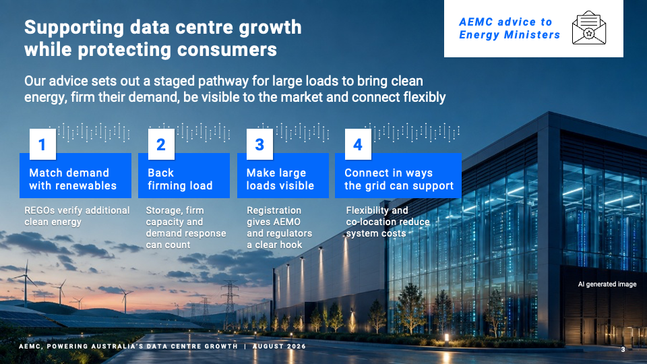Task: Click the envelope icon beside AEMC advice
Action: click(x=589, y=28)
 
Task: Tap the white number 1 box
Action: click(x=42, y=144)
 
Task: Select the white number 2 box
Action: click(x=161, y=144)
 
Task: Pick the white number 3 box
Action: click(x=259, y=144)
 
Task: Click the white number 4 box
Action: click(x=358, y=144)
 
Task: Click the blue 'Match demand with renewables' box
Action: click(x=75, y=176)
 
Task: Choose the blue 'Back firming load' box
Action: click(x=184, y=176)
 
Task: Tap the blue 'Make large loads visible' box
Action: click(x=283, y=176)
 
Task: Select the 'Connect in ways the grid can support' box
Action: click(x=398, y=176)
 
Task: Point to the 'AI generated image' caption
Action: click(x=607, y=284)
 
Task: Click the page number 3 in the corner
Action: click(x=623, y=350)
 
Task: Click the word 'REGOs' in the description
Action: click(x=39, y=210)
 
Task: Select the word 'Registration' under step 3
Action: click(x=274, y=210)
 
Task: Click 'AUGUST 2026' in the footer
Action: click(x=279, y=346)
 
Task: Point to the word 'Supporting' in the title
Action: click(x=74, y=28)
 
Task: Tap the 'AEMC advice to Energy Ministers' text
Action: click(x=510, y=28)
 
